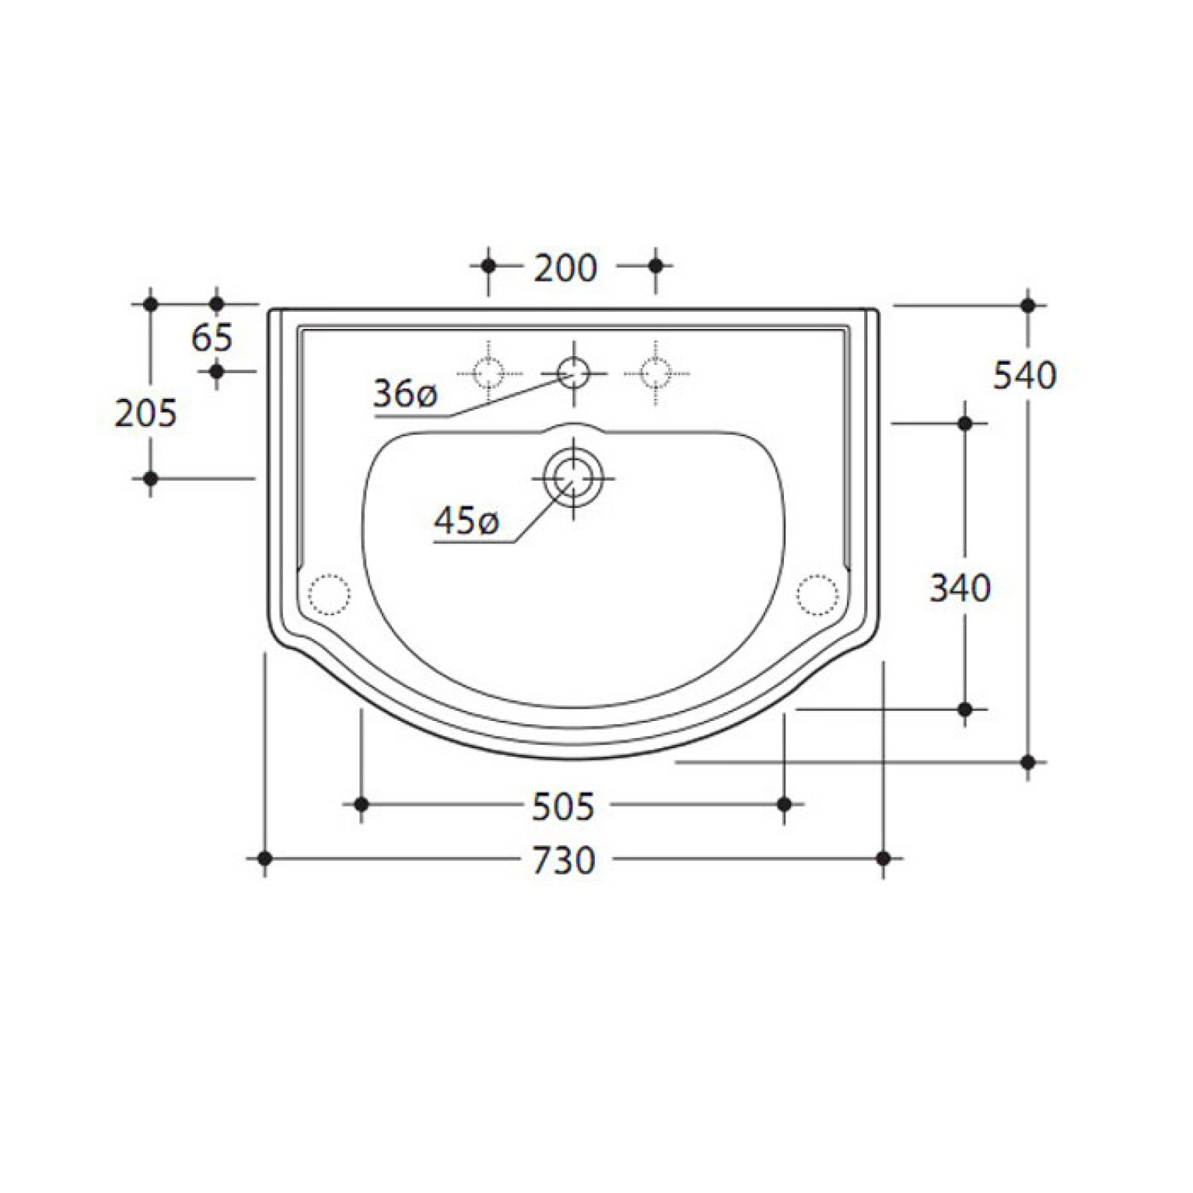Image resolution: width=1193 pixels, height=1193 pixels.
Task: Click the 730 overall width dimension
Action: click(x=564, y=859)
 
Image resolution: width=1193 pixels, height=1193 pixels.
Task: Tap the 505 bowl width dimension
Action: click(x=563, y=806)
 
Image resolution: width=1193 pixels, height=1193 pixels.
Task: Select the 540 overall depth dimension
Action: click(x=1025, y=376)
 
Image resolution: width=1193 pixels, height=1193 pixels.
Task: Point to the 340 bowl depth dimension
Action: click(x=960, y=588)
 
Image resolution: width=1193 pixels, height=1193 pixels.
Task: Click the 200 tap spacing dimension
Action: click(x=565, y=268)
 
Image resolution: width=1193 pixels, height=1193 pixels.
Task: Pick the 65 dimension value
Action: click(x=212, y=338)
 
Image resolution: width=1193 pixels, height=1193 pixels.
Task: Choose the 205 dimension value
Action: click(x=146, y=412)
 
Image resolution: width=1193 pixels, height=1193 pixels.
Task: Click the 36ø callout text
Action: click(x=405, y=394)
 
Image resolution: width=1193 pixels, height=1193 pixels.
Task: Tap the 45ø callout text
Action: click(x=466, y=520)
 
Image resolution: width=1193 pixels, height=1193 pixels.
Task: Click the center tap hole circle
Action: click(x=574, y=373)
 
